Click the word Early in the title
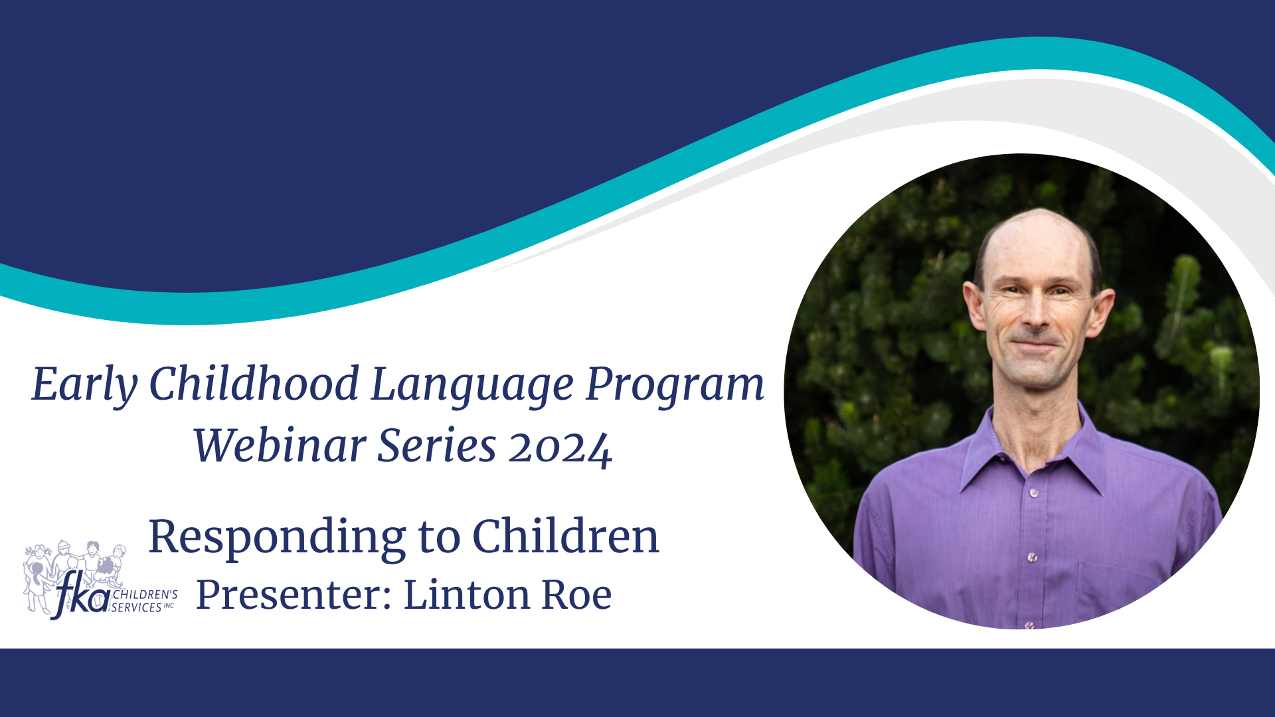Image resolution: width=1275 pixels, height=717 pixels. tap(84, 386)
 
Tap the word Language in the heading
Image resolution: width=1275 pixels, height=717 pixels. tap(472, 386)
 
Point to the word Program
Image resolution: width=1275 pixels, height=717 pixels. tap(675, 386)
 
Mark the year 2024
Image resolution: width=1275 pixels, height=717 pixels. tap(560, 449)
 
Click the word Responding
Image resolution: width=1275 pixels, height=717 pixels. tap(277, 538)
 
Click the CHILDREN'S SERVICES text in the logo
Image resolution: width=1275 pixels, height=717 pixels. tap(143, 601)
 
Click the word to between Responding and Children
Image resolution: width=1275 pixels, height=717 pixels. tap(439, 538)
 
